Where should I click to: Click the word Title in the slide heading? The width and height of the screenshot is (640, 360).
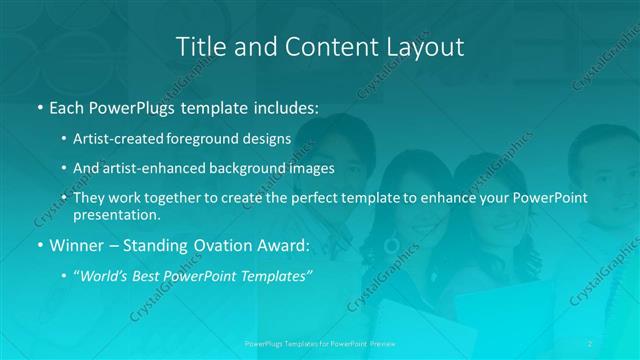200,46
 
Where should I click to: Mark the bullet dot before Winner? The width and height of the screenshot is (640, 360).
39,244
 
